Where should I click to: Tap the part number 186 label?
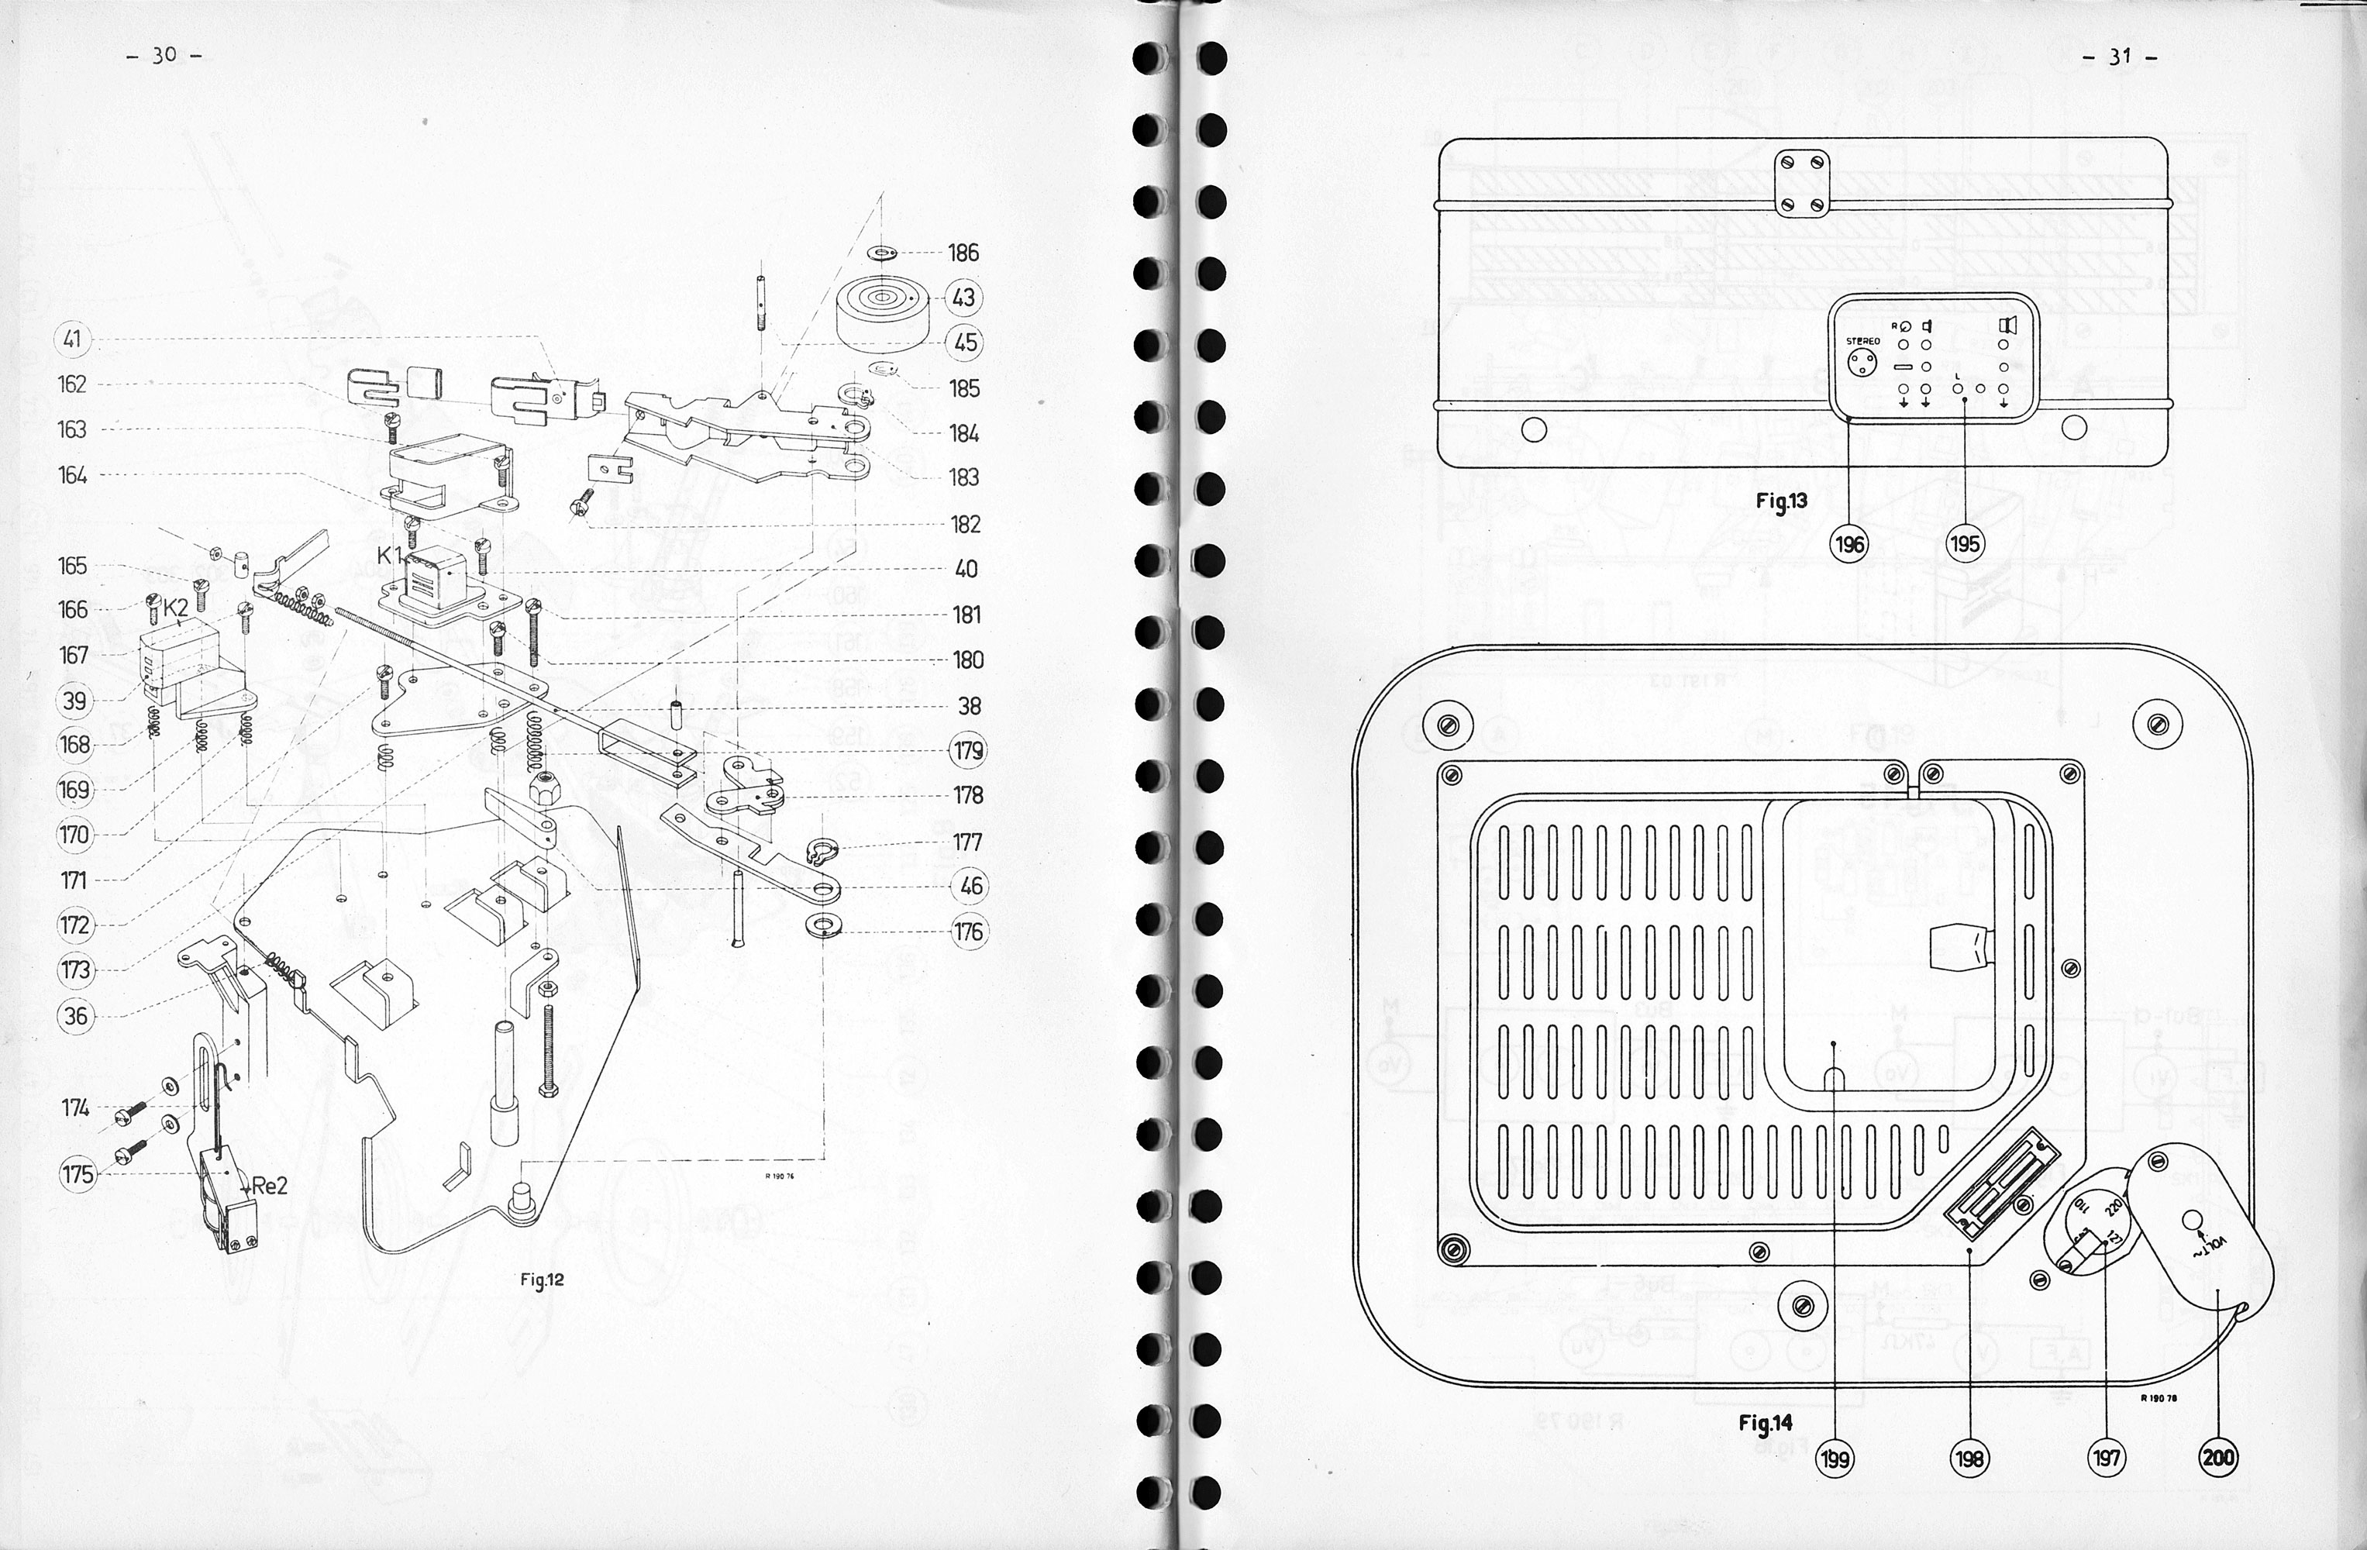point(963,253)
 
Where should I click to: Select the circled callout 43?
point(963,298)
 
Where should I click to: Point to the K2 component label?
point(176,608)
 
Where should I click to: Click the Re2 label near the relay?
point(268,1185)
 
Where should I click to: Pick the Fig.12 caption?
point(541,1280)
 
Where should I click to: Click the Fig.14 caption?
point(1766,1423)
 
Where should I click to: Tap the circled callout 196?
point(1850,544)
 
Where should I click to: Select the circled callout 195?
point(1964,544)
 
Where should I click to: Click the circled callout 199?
point(1835,1459)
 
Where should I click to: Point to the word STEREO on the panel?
point(1855,341)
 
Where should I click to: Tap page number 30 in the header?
point(164,56)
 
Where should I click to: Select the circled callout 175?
point(77,1174)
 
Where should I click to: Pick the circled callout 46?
point(970,886)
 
